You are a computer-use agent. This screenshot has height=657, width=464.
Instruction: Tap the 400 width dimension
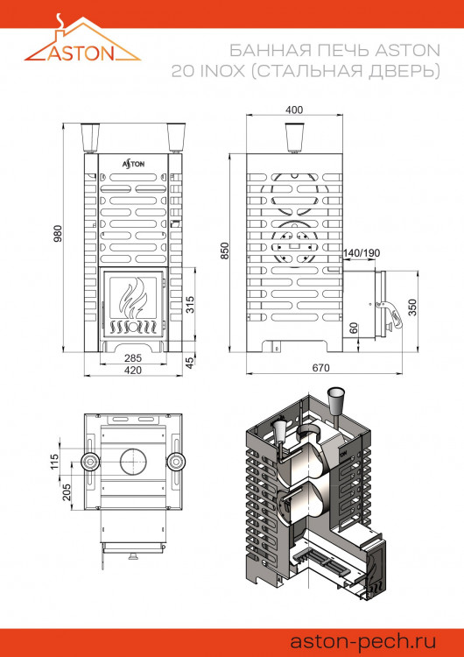pos(294,109)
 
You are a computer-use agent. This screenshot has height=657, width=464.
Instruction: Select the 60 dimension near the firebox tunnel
pos(353,328)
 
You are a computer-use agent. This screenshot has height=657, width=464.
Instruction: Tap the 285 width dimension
pos(133,358)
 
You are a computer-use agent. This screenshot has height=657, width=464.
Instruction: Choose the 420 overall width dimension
pos(133,371)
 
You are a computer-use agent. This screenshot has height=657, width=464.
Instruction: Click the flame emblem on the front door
pos(134,303)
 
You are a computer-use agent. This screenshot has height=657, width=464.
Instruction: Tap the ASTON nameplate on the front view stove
pos(134,163)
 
